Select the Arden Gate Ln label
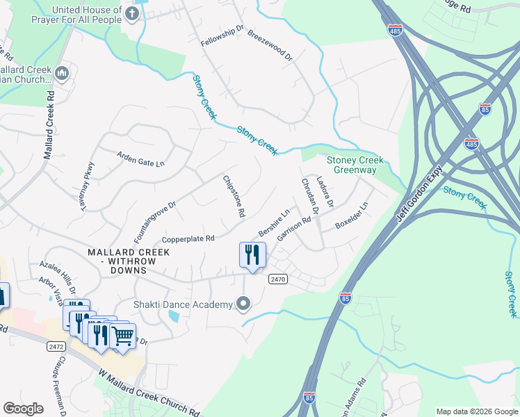[x=140, y=158]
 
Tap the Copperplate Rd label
[x=189, y=238]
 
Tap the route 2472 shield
[x=57, y=345]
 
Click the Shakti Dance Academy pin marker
[x=243, y=304]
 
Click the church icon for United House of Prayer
[x=131, y=13]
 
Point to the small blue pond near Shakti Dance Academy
[x=173, y=316]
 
